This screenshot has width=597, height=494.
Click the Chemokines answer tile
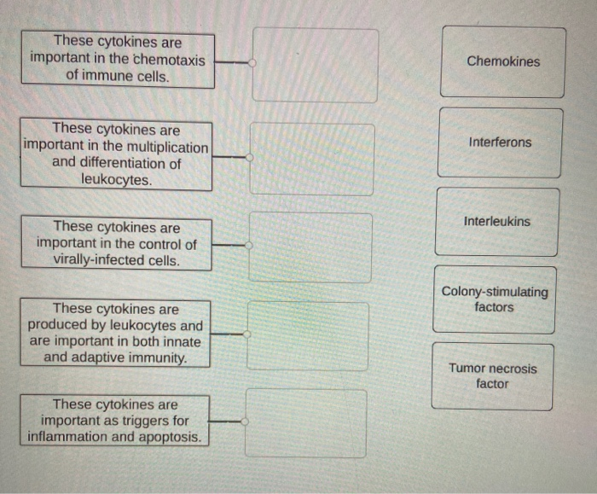pyautogui.click(x=502, y=61)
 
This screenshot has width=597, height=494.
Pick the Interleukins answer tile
pyautogui.click(x=496, y=221)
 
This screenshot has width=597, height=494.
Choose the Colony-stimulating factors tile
pyautogui.click(x=494, y=299)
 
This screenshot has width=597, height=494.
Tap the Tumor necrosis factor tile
pyautogui.click(x=492, y=376)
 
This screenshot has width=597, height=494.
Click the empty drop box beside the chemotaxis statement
pyautogui.click(x=315, y=65)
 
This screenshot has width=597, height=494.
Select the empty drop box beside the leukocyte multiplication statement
pyautogui.click(x=311, y=159)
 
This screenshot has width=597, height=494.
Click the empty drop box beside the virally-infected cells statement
pyautogui.click(x=310, y=247)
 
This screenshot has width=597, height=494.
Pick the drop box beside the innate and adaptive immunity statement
pyautogui.click(x=308, y=336)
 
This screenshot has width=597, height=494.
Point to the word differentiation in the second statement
pyautogui.click(x=129, y=164)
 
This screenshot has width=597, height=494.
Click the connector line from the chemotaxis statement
pyautogui.click(x=232, y=62)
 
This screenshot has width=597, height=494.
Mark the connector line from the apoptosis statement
pyautogui.click(x=226, y=421)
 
